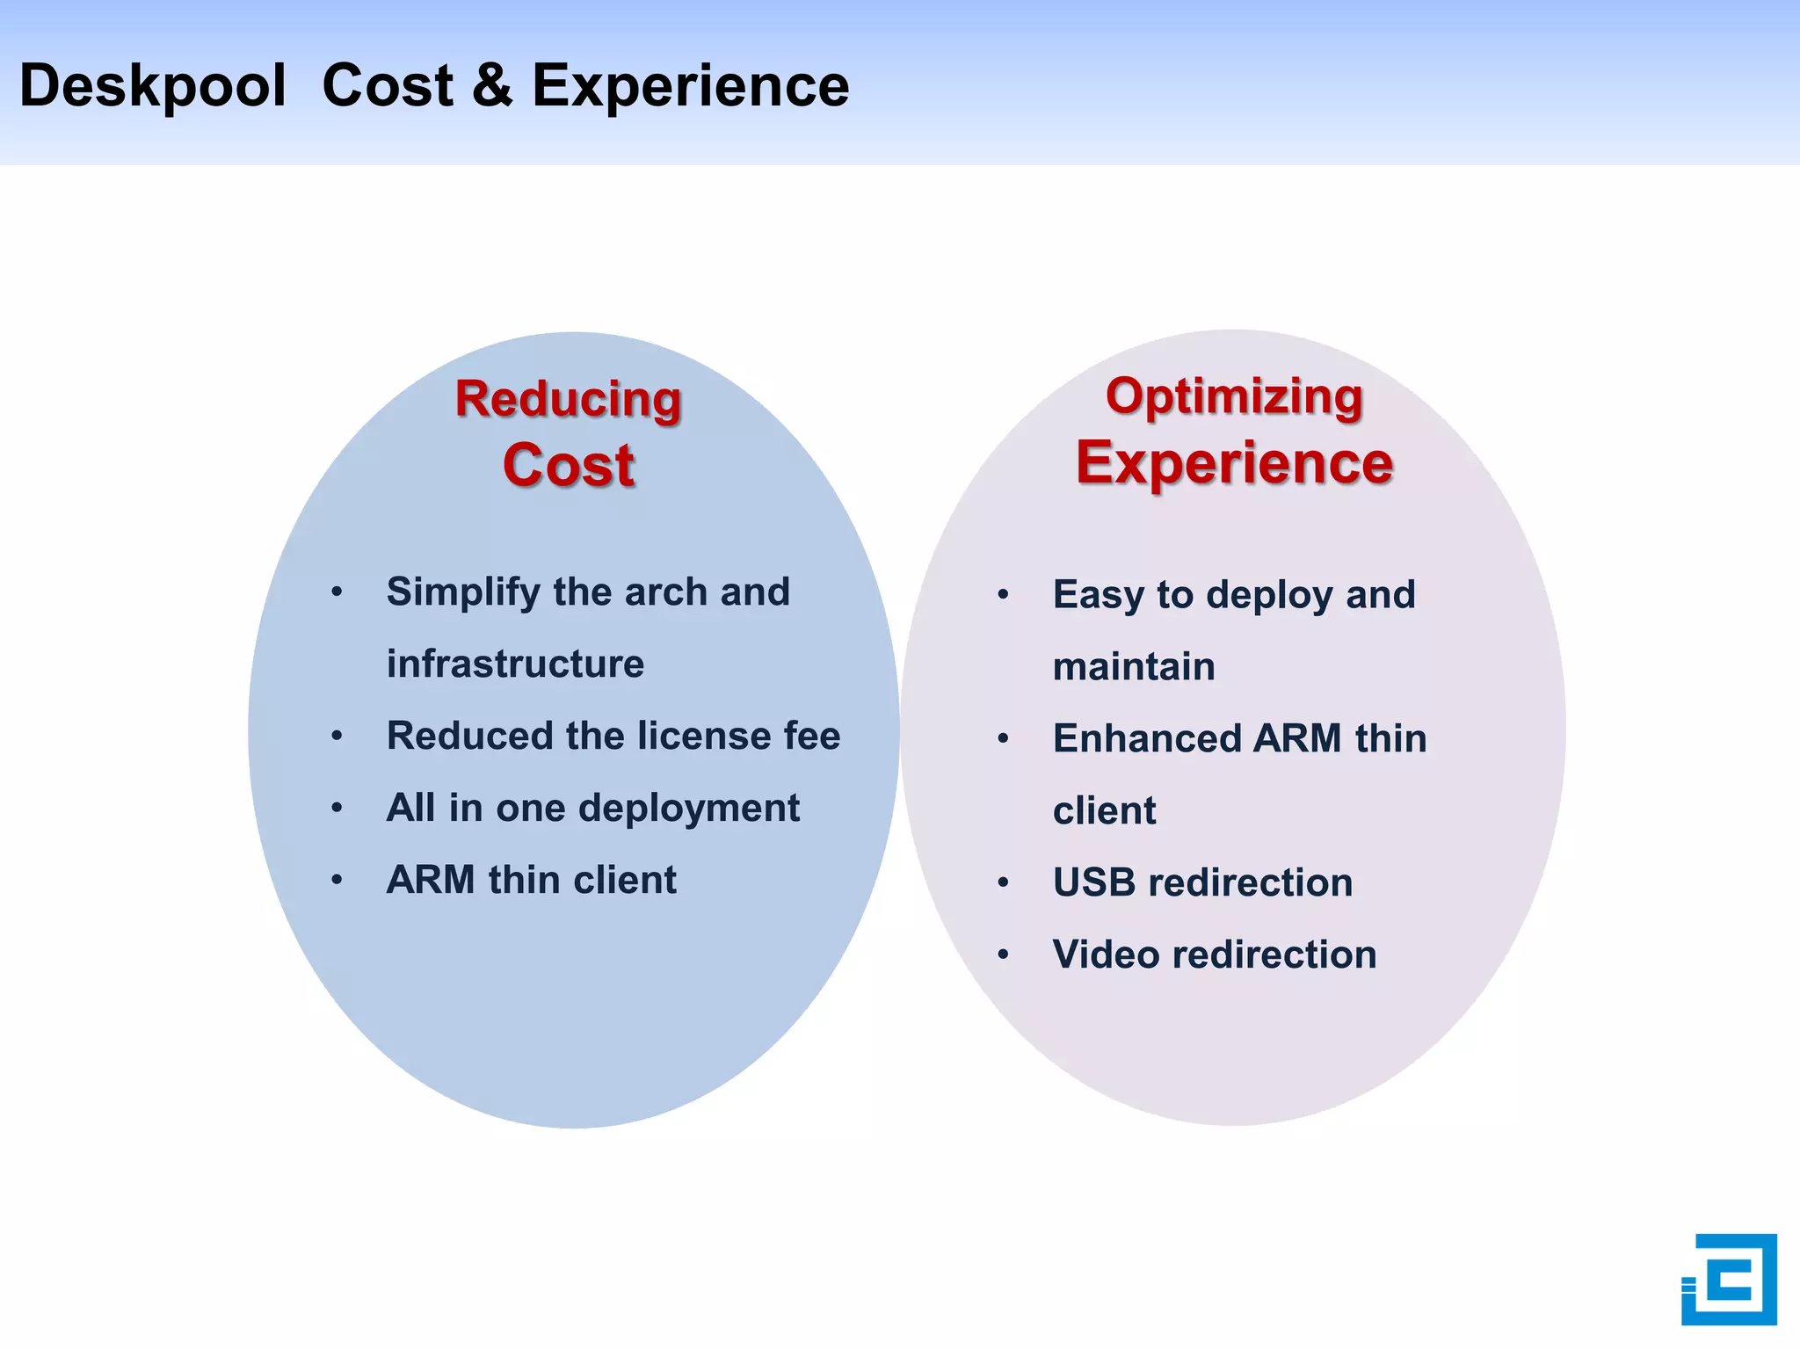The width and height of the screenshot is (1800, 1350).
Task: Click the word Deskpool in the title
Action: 152,86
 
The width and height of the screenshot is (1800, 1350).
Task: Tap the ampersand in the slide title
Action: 492,86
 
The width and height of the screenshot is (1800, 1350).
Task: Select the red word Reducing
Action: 568,399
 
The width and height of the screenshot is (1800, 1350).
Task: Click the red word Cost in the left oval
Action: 568,465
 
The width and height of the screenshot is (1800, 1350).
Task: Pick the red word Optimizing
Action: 1234,396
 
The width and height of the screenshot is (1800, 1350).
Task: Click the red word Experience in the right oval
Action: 1234,462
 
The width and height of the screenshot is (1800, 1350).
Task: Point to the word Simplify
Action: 462,592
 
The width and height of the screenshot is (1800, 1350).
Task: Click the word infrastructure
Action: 515,664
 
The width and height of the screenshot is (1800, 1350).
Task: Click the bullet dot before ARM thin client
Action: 337,880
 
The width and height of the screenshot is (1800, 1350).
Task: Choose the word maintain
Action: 1134,666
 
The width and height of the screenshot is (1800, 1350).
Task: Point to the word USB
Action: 1093,882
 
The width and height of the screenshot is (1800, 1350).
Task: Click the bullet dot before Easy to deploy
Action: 1003,595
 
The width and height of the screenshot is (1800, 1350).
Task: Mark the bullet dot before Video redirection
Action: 1003,954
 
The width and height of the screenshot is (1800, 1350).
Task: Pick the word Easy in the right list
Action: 1098,595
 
